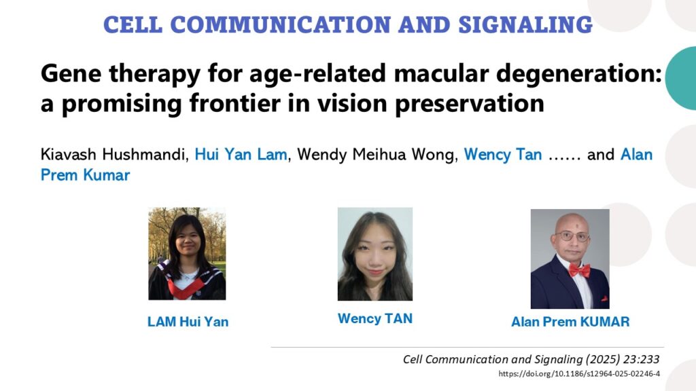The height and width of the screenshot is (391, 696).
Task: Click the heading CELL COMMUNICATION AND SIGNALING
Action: (348, 25)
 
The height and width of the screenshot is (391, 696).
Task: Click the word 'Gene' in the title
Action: (71, 73)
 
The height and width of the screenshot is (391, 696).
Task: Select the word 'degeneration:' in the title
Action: (579, 74)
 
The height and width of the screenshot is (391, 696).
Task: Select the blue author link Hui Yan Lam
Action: (241, 155)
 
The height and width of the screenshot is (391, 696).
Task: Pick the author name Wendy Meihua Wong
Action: (377, 155)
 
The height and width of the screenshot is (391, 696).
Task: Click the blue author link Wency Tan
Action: (503, 155)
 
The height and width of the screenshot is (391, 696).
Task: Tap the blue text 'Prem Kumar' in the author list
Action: (85, 175)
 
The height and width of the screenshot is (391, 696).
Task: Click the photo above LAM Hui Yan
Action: (187, 254)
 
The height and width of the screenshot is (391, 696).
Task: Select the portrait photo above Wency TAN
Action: (375, 254)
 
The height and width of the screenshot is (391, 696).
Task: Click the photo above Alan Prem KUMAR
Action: (570, 259)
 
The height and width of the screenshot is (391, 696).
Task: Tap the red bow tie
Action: (579, 269)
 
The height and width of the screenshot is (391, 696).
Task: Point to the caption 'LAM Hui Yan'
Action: (188, 322)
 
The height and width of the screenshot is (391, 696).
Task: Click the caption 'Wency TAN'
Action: (375, 319)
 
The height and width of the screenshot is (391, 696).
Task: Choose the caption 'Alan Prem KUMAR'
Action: (570, 322)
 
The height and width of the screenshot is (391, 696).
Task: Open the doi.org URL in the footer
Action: (579, 374)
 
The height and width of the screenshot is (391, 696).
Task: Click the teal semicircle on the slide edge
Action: (681, 78)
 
